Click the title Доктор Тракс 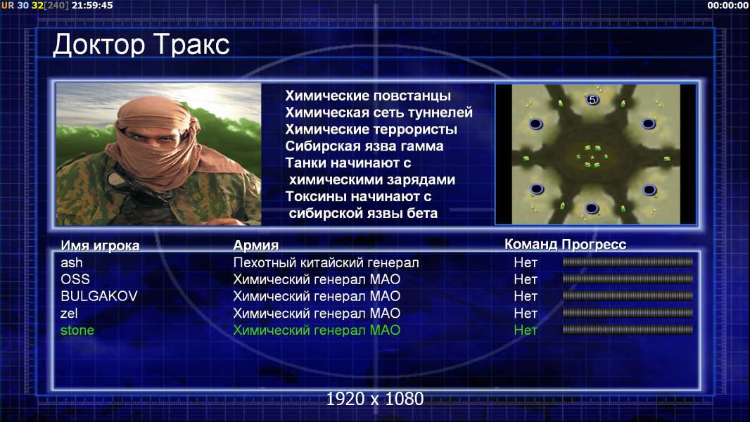pos(141,46)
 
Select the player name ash pos(72,263)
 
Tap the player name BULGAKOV pos(99,296)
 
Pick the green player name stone pos(77,331)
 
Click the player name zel pos(69,314)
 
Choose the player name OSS pos(75,280)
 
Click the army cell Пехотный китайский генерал pos(326,263)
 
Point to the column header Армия pos(256,245)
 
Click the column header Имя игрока pos(100,245)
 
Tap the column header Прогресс pos(594,245)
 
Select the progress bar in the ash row pos(628,262)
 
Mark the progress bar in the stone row pos(628,330)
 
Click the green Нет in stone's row pos(526,331)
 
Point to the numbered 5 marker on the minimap pos(592,100)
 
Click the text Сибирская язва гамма pos(364,146)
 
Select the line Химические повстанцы pos(368,96)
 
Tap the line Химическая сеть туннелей pos(379,113)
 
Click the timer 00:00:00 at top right pos(727,5)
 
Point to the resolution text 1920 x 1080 pos(374,399)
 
